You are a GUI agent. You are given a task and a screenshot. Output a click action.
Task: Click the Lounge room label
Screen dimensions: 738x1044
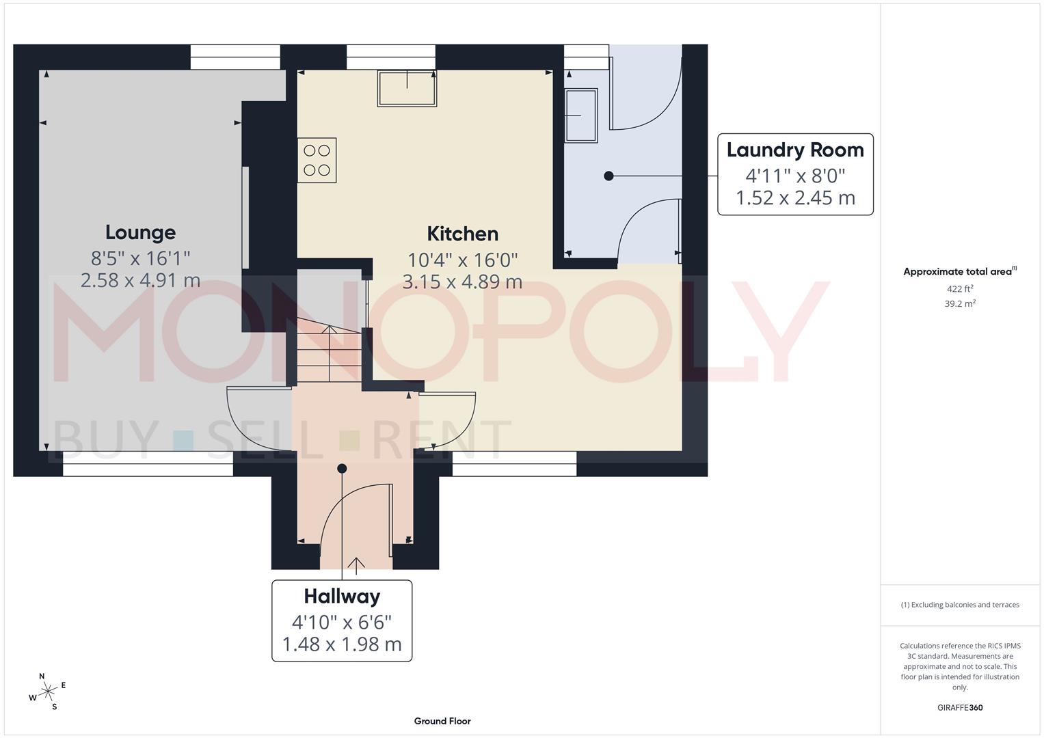click(140, 232)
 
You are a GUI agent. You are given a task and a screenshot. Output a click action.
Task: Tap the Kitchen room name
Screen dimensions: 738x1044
click(462, 234)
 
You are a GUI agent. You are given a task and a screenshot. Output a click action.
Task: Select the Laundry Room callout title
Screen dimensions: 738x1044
click(794, 150)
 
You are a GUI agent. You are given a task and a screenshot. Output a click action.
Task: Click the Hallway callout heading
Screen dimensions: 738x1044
click(342, 597)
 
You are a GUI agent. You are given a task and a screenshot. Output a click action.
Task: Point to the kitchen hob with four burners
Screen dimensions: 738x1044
click(317, 161)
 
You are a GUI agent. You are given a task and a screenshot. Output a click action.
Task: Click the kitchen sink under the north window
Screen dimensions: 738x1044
click(407, 89)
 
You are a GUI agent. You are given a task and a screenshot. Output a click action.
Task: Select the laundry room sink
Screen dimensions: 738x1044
click(580, 115)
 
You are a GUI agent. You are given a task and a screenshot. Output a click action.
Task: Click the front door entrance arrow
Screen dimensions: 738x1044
click(356, 563)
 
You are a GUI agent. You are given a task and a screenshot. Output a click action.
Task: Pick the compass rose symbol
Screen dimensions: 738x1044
click(48, 692)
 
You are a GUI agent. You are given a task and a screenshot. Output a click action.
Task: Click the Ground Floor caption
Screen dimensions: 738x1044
click(442, 721)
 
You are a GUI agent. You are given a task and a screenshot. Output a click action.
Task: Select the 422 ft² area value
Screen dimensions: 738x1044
click(960, 288)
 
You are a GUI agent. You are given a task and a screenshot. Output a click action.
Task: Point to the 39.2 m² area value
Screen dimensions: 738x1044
click(960, 303)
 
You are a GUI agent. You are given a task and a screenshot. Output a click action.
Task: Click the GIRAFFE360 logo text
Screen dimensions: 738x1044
click(960, 707)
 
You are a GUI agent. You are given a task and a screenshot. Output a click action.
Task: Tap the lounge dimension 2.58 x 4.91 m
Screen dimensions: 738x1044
click(140, 280)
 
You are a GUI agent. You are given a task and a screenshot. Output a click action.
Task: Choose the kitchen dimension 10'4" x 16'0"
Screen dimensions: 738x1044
click(462, 260)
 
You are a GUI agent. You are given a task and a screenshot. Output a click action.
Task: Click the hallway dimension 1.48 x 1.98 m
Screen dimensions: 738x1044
click(342, 644)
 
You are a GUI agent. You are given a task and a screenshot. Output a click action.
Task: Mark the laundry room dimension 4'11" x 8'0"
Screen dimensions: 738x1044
click(794, 176)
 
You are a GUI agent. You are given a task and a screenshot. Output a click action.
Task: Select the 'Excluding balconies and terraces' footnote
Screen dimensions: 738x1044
click(960, 605)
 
